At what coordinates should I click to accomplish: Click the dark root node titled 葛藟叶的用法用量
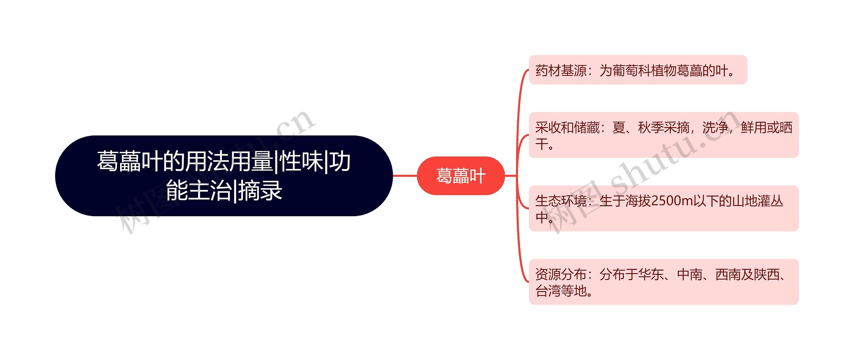224,175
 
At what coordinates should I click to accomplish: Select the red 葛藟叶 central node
461,175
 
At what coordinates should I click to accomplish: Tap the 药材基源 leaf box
637,70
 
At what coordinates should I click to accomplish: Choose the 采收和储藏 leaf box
664,135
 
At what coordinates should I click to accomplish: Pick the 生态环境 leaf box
664,209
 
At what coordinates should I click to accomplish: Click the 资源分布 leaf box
664,282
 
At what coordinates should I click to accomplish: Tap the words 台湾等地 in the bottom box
561,291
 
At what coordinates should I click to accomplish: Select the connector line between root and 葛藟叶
405,175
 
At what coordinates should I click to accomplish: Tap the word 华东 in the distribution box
651,275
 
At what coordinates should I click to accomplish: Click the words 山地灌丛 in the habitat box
757,201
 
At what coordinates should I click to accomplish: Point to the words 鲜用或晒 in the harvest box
766,128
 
